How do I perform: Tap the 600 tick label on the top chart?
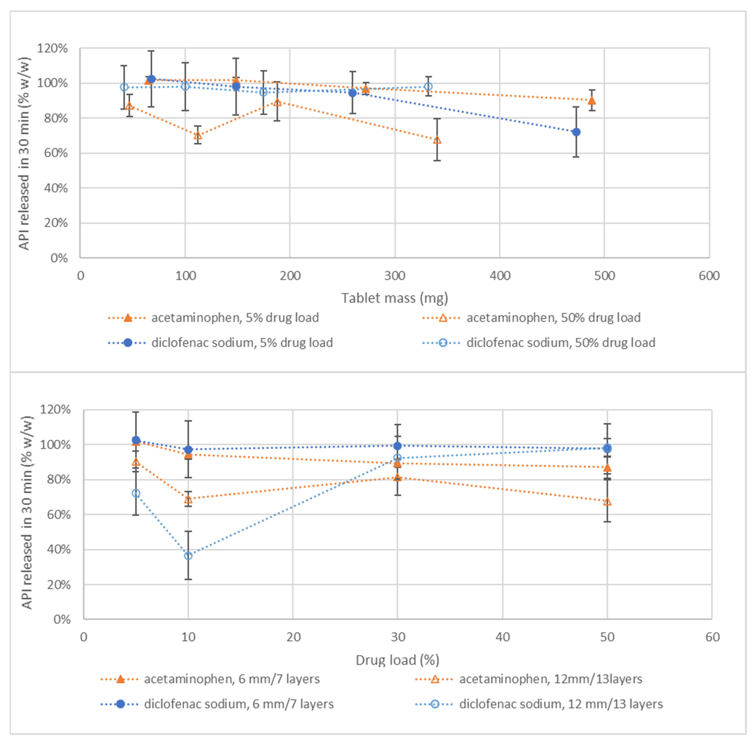pyautogui.click(x=709, y=276)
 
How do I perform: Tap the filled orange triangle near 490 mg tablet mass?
pyautogui.click(x=592, y=101)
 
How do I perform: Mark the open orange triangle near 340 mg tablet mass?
pyautogui.click(x=437, y=140)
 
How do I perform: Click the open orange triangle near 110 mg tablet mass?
pyautogui.click(x=198, y=135)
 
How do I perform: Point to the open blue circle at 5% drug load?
pyautogui.click(x=136, y=493)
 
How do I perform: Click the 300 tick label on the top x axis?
pyautogui.click(x=395, y=276)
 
